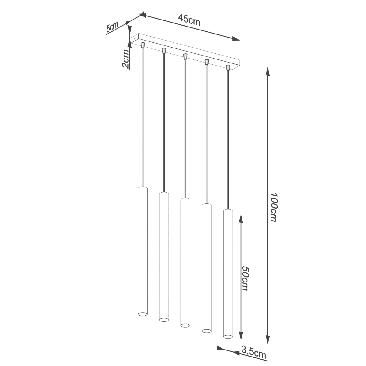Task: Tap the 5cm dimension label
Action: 112,27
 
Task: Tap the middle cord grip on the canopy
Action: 185,56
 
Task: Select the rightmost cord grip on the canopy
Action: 228,67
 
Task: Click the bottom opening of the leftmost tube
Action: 142,314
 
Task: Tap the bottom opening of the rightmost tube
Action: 228,336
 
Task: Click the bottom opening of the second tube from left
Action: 164,319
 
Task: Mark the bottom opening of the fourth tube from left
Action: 206,330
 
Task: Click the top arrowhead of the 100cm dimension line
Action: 267,72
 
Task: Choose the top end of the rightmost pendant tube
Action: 228,210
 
